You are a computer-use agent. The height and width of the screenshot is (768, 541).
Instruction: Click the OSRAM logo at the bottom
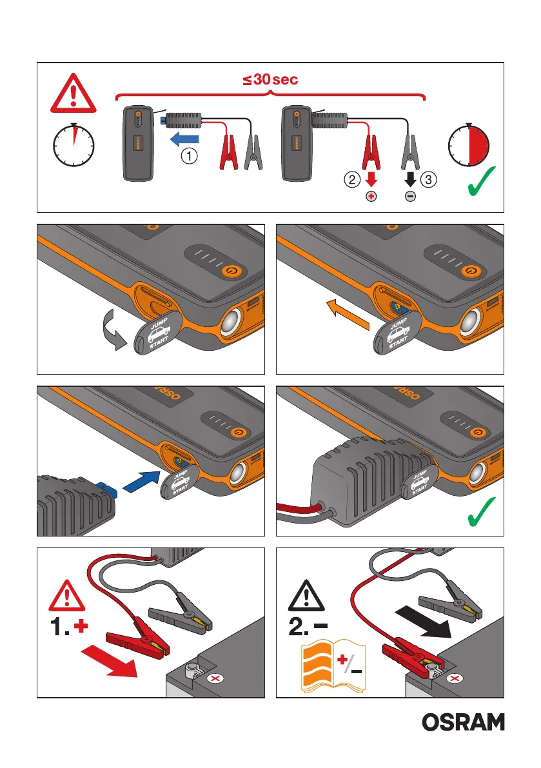[x=463, y=722]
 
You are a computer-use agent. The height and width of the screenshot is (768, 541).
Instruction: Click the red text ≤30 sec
[x=270, y=79]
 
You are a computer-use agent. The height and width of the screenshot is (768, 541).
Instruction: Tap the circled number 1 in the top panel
[x=190, y=156]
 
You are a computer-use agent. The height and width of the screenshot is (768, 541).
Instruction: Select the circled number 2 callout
[x=352, y=179]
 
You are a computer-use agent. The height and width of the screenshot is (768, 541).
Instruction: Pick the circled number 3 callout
[x=428, y=179]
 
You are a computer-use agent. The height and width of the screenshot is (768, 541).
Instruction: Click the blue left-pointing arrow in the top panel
[x=184, y=139]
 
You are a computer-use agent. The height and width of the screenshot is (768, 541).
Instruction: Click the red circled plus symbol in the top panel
[x=371, y=197]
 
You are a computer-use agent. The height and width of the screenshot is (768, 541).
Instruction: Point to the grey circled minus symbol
[x=410, y=197]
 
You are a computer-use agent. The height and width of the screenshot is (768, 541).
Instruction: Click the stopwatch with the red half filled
[x=469, y=145]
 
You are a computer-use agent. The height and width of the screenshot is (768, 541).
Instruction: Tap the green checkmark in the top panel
[x=481, y=181]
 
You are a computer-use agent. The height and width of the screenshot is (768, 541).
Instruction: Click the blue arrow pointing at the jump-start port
[x=142, y=481]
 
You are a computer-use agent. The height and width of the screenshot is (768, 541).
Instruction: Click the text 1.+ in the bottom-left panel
[x=69, y=626]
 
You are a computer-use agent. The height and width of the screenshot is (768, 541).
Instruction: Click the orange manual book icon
[x=333, y=665]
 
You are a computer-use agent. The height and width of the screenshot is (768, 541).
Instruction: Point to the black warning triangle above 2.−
[x=306, y=596]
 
